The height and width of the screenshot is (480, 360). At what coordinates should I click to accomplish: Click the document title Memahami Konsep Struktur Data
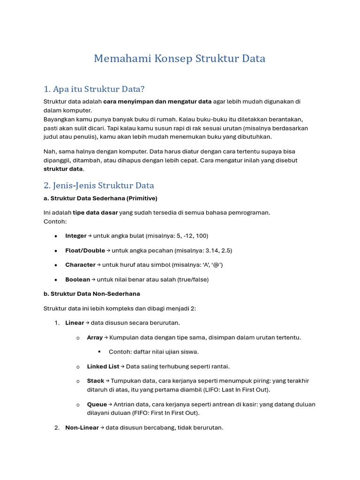pyautogui.click(x=180, y=59)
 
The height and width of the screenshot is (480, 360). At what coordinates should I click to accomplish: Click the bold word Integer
pyautogui.click(x=76, y=236)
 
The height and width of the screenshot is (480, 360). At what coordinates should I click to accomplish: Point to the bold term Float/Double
pyautogui.click(x=85, y=250)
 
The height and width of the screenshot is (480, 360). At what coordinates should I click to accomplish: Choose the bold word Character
pyautogui.click(x=80, y=265)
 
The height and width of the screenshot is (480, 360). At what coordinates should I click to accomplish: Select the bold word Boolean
pyautogui.click(x=77, y=279)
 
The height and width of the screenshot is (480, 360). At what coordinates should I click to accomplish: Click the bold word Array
pyautogui.click(x=95, y=337)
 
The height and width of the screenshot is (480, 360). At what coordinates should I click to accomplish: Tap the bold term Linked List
pyautogui.click(x=103, y=367)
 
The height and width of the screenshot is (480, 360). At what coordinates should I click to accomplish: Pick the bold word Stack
pyautogui.click(x=96, y=381)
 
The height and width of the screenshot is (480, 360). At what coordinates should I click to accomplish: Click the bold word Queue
pyautogui.click(x=97, y=405)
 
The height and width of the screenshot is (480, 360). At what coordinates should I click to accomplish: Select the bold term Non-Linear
pyautogui.click(x=82, y=427)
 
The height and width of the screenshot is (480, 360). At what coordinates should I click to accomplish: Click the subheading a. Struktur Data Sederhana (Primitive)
pyautogui.click(x=100, y=198)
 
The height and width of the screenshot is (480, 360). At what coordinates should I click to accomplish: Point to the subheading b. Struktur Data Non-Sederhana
pyautogui.click(x=92, y=294)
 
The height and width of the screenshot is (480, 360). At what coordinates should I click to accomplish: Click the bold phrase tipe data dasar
pyautogui.click(x=95, y=213)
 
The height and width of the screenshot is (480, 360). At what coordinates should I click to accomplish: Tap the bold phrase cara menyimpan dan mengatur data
pyautogui.click(x=157, y=102)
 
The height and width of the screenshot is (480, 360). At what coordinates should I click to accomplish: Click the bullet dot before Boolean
pyautogui.click(x=56, y=280)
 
